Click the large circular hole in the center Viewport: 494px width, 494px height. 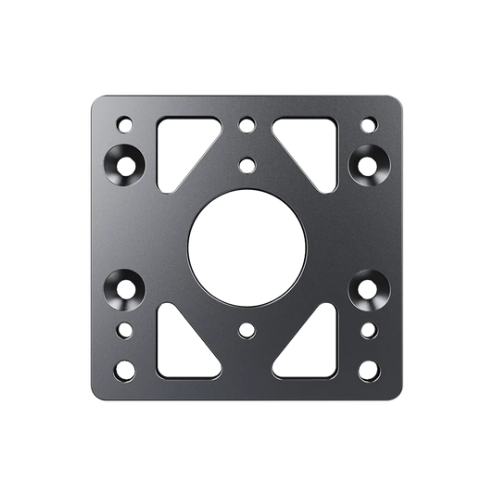click(x=247, y=247)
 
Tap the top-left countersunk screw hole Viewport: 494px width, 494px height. click(x=126, y=164)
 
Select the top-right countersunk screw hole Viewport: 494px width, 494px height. click(x=367, y=164)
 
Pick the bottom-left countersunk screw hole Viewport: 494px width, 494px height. click(x=126, y=289)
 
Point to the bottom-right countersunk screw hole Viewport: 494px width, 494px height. click(x=367, y=289)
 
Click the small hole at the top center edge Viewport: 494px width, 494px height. click(x=247, y=122)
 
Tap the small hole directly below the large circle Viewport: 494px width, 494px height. click(x=247, y=328)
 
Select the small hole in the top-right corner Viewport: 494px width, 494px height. click(x=368, y=122)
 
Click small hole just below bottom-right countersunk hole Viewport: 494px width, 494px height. click(x=368, y=328)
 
